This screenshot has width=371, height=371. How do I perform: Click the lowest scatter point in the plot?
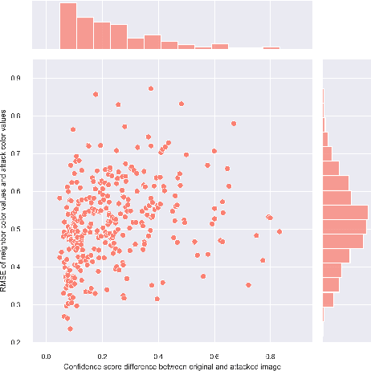click(x=71, y=328)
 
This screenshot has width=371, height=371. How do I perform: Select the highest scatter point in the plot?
click(x=150, y=88)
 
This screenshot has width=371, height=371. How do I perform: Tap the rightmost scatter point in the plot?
click(x=279, y=231)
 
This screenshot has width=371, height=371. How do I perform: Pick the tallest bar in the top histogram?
click(x=67, y=27)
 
